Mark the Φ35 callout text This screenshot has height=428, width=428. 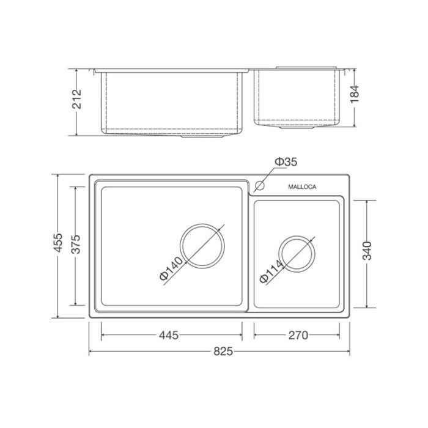[286, 162]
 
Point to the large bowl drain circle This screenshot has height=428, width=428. [202, 245]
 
